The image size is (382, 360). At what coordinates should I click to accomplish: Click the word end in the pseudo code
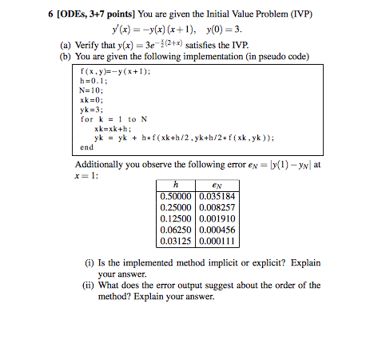(x=86, y=146)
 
